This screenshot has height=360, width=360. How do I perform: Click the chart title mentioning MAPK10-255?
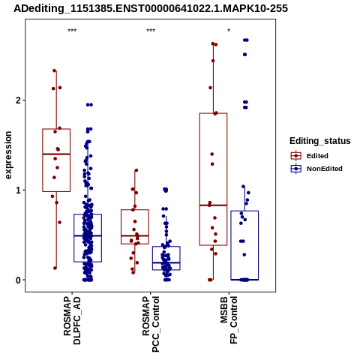click(151, 8)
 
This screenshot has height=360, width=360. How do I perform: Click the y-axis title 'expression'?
click(8, 155)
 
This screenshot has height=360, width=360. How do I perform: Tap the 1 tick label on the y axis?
click(19, 190)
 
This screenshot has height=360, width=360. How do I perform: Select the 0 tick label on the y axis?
click(19, 280)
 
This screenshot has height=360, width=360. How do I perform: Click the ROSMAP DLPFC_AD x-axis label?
click(72, 320)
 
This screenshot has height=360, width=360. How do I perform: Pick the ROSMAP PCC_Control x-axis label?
click(151, 324)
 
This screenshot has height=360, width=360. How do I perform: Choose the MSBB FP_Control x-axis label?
click(229, 319)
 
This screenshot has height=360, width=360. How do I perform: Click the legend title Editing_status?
click(320, 141)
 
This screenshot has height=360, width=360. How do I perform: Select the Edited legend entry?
click(317, 156)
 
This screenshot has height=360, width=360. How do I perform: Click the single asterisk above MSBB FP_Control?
click(229, 31)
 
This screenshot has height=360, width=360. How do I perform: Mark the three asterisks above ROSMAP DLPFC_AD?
click(72, 31)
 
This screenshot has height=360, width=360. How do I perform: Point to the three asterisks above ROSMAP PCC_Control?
click(151, 31)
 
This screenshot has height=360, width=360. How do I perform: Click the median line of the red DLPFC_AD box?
click(56, 154)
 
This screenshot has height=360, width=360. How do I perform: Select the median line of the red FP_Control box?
click(213, 205)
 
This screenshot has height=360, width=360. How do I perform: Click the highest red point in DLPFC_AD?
click(54, 70)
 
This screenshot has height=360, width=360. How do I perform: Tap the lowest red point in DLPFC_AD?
click(55, 268)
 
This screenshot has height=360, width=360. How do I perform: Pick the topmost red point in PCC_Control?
click(136, 170)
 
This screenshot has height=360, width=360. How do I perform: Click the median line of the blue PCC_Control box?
click(166, 262)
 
